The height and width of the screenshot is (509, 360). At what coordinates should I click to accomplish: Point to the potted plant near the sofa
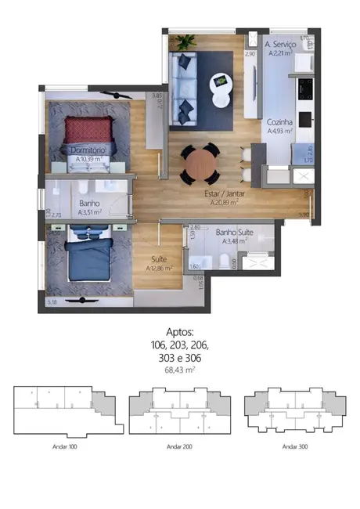185,42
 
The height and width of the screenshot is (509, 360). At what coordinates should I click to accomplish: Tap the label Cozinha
279,123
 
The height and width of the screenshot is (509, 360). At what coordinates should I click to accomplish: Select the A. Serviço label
279,45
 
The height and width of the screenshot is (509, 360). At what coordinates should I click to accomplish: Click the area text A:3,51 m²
89,211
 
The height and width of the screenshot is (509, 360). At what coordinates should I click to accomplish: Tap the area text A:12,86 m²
160,268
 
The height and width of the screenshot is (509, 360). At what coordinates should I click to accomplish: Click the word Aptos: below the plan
179,332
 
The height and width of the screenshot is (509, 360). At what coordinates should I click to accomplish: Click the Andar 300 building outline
294,411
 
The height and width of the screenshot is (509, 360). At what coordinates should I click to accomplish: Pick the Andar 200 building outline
179,411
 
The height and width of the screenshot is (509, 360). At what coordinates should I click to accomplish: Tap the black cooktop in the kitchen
305,85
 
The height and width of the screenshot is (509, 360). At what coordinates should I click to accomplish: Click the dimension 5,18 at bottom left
52,301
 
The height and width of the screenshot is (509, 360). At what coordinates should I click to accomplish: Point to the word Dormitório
87,150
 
